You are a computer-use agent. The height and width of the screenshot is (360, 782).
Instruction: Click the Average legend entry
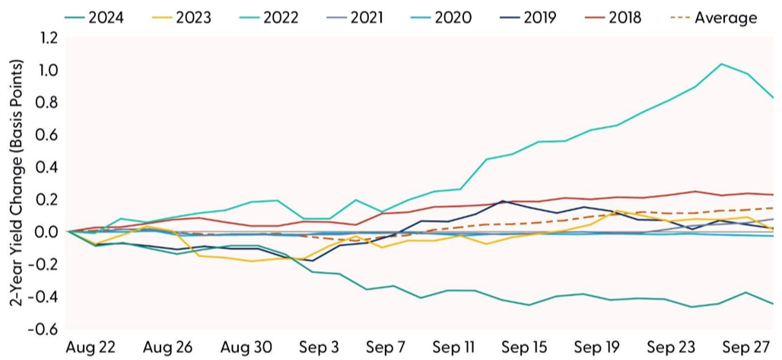click(x=714, y=18)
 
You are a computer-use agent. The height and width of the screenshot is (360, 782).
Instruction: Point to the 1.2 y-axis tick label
click(x=47, y=38)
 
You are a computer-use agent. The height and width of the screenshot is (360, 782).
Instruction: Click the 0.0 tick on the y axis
click(x=46, y=232)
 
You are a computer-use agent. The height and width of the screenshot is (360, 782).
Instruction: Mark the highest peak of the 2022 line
click(x=721, y=64)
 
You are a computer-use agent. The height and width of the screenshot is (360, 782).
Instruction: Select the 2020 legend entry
click(x=442, y=18)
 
